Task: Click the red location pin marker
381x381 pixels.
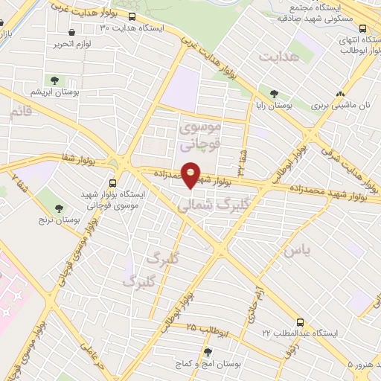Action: pos(191,174)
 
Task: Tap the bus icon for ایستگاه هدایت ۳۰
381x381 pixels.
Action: pos(132,16)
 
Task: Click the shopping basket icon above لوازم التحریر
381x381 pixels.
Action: pos(71,33)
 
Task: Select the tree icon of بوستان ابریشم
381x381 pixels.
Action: pos(54,80)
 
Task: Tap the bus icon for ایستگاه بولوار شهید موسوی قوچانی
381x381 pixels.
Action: pos(112,182)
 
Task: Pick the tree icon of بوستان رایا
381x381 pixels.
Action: pos(275,95)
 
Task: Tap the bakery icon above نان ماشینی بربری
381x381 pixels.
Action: pos(340,95)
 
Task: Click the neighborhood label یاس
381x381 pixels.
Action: pos(295,252)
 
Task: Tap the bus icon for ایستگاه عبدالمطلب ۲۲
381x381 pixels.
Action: pos(300,323)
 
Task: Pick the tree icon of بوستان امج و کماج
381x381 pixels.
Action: pos(208,352)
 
